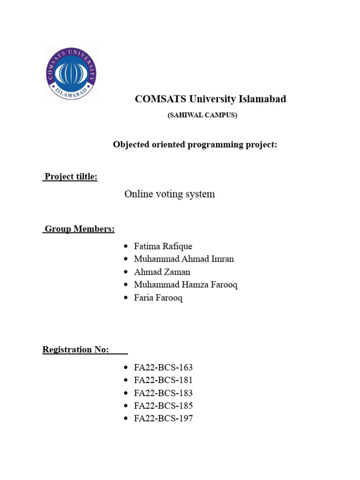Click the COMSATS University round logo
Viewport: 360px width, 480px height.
71,74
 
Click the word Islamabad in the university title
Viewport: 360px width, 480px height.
262,99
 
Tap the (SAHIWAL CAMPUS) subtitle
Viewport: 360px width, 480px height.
202,115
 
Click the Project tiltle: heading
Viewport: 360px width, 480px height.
70,177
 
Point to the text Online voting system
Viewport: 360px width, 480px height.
169,194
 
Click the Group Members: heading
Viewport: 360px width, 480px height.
79,229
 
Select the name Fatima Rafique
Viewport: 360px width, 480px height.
163,246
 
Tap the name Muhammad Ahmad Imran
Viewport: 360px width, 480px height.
183,259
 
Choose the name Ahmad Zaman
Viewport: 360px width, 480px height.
162,272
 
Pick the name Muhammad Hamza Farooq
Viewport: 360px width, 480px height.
185,285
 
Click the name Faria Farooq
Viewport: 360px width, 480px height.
158,298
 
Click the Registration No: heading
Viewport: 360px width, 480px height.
76,349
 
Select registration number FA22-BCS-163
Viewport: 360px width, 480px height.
163,367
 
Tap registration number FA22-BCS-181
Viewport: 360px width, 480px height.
163,380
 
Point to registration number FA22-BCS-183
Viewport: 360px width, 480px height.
163,393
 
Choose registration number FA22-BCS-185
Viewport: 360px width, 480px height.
163,405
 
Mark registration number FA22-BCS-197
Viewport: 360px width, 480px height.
163,419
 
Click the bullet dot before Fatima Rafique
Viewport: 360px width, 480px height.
125,247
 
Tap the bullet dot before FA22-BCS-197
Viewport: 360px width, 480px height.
125,419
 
